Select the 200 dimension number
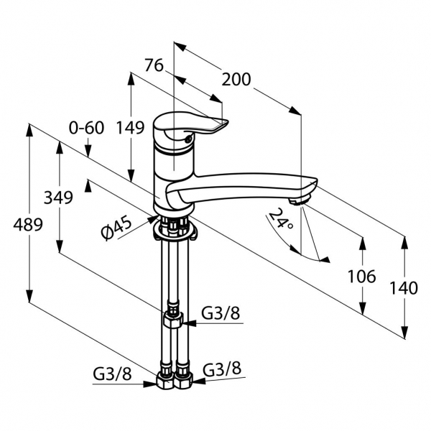point(237,79)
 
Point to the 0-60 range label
point(87,129)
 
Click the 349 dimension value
point(57,198)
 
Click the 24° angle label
point(281,220)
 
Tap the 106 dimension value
point(361,275)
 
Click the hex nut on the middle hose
point(173,318)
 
